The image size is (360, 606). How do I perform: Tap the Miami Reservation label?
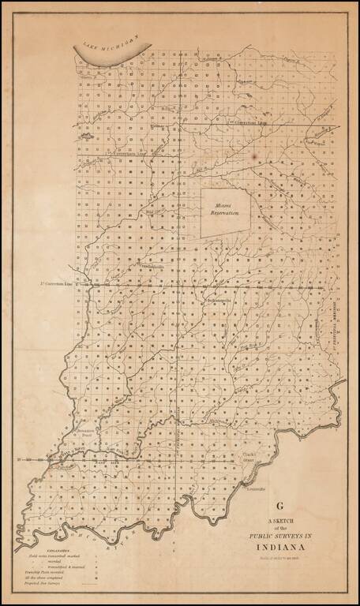pos(225,211)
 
